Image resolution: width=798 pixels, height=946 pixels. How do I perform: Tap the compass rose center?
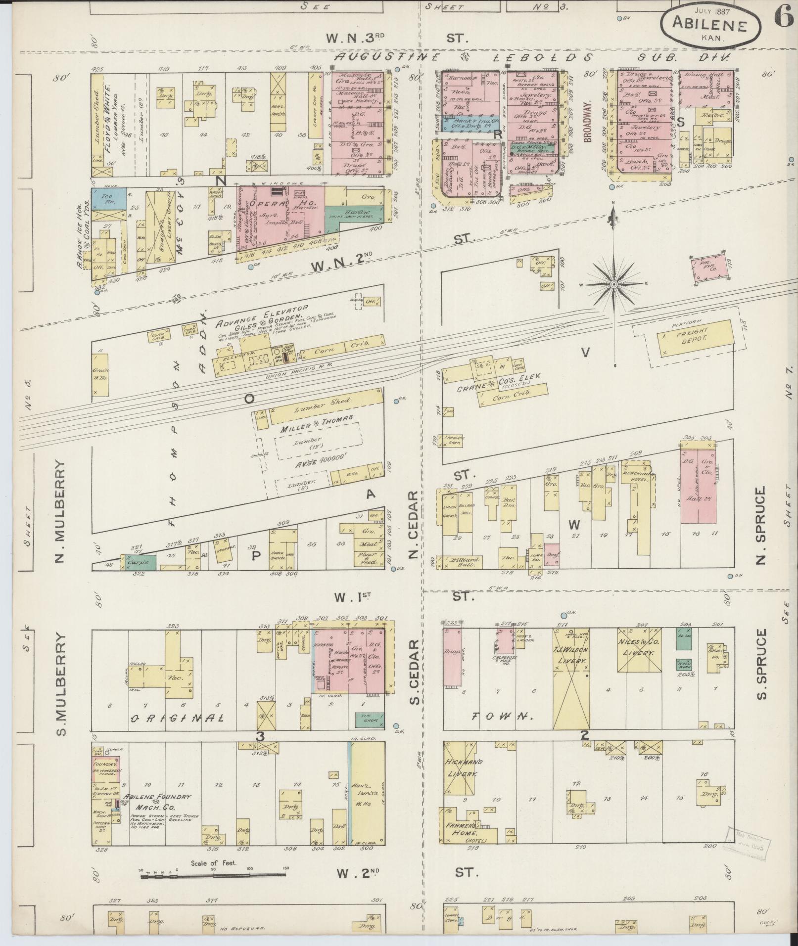pyautogui.click(x=613, y=284)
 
